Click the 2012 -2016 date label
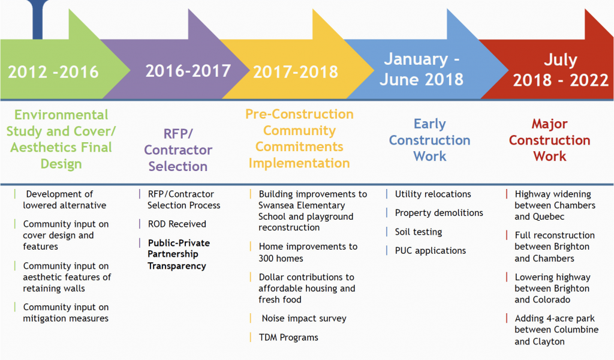tap(53, 72)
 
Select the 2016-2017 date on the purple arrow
tap(188, 71)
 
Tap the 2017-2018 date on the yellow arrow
tap(296, 71)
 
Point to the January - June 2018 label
tap(422, 69)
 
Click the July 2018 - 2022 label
tap(561, 70)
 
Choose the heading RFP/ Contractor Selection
tap(178, 150)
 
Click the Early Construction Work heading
tap(429, 140)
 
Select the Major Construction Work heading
tap(549, 140)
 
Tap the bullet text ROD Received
tap(177, 224)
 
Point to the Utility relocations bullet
tap(433, 194)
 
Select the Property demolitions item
tap(439, 213)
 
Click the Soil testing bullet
tap(418, 232)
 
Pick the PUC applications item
tap(431, 251)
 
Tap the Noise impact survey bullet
tap(304, 319)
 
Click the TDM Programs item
tap(288, 337)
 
